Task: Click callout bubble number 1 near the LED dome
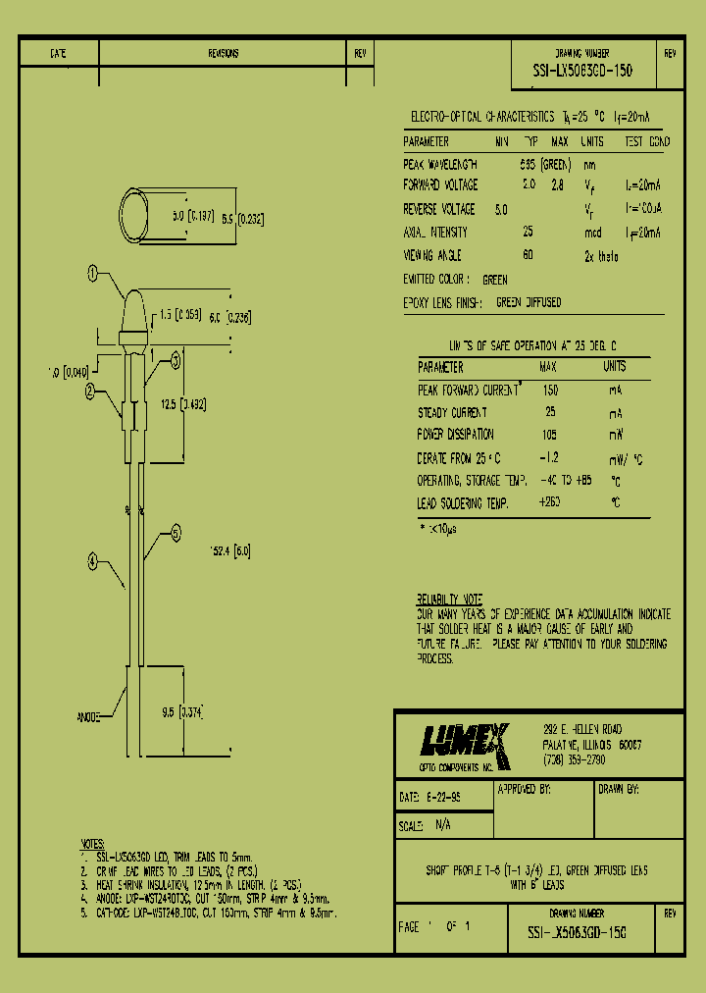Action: point(93,274)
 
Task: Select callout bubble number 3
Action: point(176,360)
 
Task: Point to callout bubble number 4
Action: point(93,562)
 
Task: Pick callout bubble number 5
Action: point(176,534)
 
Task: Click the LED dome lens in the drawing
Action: point(130,313)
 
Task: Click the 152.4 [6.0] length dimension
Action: point(230,551)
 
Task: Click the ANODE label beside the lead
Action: point(89,717)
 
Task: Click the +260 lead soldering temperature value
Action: point(550,502)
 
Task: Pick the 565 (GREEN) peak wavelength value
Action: point(545,164)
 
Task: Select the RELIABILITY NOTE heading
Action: point(449,599)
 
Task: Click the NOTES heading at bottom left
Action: point(93,844)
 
